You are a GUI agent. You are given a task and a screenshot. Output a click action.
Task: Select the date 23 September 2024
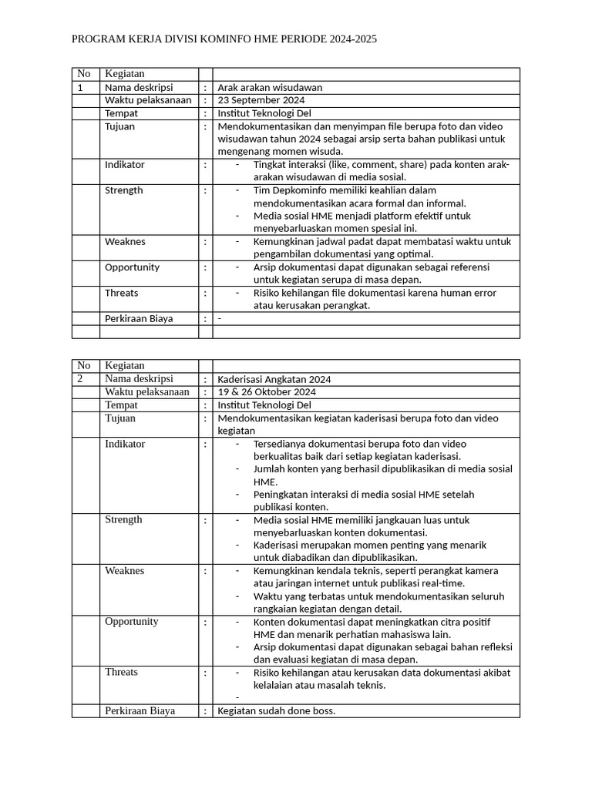(x=261, y=100)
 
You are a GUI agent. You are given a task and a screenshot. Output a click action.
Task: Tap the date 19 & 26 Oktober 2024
(x=267, y=392)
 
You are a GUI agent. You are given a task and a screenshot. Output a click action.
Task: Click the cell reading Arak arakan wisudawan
(x=270, y=88)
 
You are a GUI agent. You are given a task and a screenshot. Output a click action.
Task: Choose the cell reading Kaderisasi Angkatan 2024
(x=274, y=380)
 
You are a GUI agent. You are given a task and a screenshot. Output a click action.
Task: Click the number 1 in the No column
(x=80, y=88)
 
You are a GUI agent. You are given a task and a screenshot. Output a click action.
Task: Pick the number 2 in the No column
(x=80, y=379)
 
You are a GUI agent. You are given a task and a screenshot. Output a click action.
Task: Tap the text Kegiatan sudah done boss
(x=277, y=711)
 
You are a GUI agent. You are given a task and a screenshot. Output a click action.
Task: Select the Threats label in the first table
(x=121, y=293)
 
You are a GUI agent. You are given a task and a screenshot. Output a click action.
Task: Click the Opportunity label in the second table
(x=132, y=622)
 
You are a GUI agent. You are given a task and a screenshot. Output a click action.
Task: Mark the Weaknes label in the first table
(x=124, y=242)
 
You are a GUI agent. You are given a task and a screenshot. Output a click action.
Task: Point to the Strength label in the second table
(x=123, y=520)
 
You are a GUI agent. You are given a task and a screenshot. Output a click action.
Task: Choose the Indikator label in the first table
(x=124, y=165)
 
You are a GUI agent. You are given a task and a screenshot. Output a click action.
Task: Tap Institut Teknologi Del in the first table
(x=264, y=113)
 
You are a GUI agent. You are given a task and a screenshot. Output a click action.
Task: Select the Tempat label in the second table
(x=121, y=405)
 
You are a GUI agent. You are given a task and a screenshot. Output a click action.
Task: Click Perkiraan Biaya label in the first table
(x=139, y=318)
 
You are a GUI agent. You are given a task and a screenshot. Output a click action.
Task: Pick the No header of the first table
(x=84, y=74)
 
